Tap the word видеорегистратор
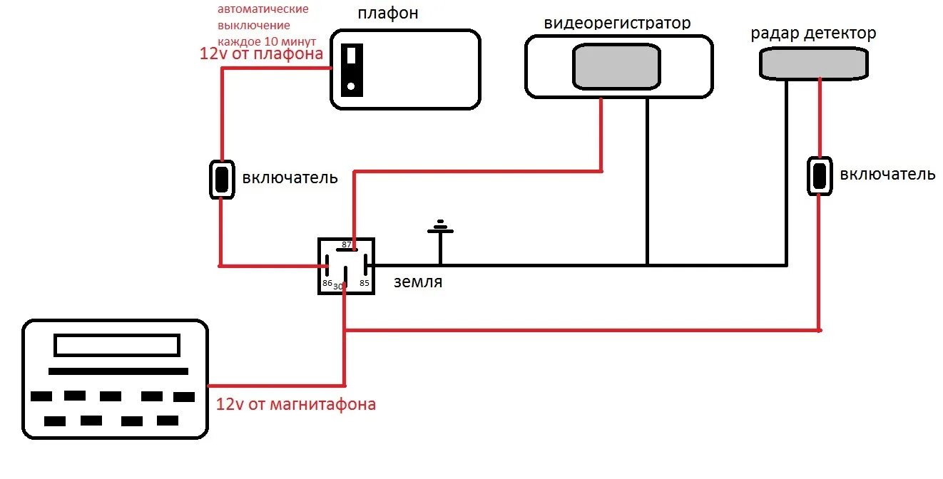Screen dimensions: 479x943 (617, 23)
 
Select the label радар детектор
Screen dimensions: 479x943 (813, 33)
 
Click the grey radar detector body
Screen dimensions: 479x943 (813, 63)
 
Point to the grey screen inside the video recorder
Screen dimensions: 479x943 (616, 66)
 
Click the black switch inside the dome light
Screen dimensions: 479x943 (351, 69)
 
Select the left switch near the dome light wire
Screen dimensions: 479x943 (221, 180)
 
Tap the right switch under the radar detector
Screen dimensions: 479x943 (820, 175)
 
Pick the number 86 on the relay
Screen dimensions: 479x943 (327, 284)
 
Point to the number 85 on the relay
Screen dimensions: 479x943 (364, 283)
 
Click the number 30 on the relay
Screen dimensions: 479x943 (338, 287)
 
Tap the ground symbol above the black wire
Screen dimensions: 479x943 (440, 228)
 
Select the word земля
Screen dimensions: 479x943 (418, 282)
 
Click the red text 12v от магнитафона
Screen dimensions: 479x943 (295, 405)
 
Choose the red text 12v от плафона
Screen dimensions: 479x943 (260, 53)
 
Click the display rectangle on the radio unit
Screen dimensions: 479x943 (117, 346)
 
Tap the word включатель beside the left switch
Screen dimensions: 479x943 (290, 177)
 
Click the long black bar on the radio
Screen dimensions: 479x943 (118, 371)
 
